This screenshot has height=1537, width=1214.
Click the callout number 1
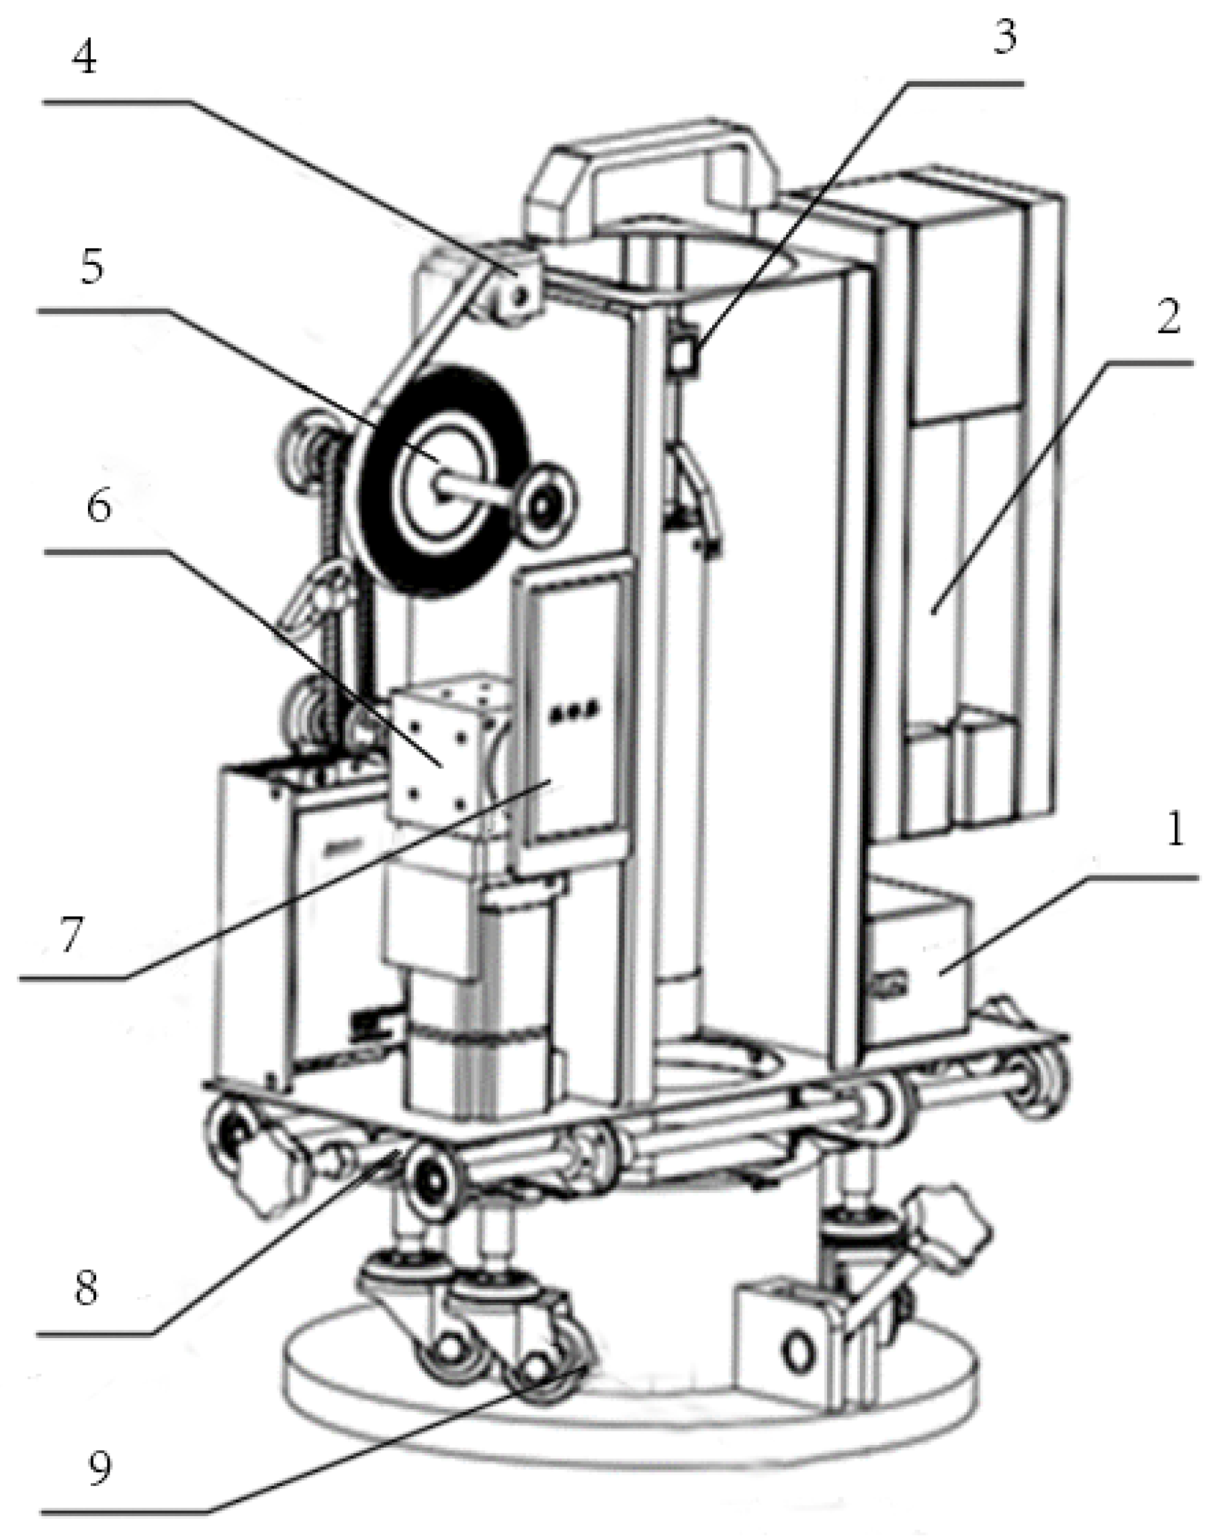coord(1174,829)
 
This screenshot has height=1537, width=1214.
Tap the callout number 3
coord(1003,37)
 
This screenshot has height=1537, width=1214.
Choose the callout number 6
coord(99,507)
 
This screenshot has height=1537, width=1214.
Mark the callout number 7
coord(72,933)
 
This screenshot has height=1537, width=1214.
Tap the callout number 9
coord(99,1465)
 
